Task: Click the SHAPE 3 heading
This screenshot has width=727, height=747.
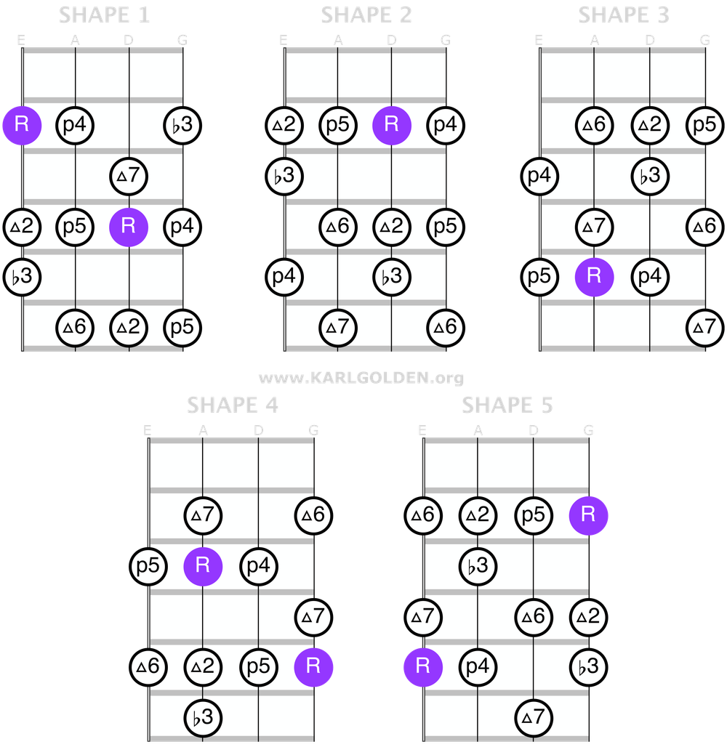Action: click(x=623, y=15)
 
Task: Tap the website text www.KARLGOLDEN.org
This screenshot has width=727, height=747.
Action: click(x=361, y=378)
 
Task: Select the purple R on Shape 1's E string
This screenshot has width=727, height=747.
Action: click(x=21, y=124)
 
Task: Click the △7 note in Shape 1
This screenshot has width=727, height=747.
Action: click(x=129, y=175)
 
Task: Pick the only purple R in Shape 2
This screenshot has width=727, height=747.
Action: click(x=392, y=124)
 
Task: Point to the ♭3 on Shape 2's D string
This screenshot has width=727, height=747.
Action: click(x=392, y=276)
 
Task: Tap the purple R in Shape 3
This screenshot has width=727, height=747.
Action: click(x=594, y=276)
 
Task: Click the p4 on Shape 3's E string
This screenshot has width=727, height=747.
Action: click(x=539, y=175)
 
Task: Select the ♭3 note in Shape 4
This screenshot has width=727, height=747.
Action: click(x=203, y=716)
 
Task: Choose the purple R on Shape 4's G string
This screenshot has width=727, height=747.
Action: click(x=313, y=666)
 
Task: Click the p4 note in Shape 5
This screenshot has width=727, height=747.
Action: click(x=478, y=666)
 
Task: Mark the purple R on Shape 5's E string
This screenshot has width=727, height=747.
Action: click(x=422, y=666)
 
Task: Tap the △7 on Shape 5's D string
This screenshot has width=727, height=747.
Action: click(x=534, y=716)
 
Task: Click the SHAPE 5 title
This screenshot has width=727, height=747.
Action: click(x=507, y=405)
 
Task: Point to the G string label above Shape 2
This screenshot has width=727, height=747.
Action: click(x=445, y=41)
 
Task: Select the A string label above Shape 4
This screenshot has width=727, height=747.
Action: click(x=203, y=430)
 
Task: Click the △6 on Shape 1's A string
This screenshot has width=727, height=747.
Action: click(x=75, y=327)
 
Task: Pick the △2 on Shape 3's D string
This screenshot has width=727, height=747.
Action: click(x=649, y=124)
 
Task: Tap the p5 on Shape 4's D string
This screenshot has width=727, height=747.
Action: click(x=258, y=666)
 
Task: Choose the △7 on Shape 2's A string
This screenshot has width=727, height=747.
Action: click(x=338, y=327)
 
